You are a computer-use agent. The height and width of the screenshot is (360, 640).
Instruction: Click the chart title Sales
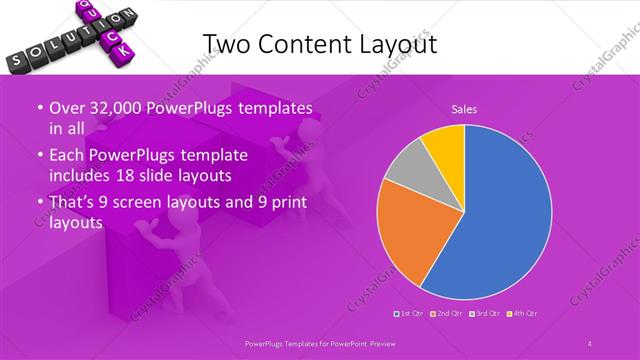tap(463, 108)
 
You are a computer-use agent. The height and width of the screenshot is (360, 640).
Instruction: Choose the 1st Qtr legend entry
tap(408, 314)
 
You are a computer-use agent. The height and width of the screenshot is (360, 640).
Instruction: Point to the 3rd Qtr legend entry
tap(485, 314)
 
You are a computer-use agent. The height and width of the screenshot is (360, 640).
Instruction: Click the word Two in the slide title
tap(227, 43)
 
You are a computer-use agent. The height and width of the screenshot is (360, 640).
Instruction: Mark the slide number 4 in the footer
tap(590, 344)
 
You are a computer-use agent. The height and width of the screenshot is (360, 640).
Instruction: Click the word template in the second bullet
tap(215, 156)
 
